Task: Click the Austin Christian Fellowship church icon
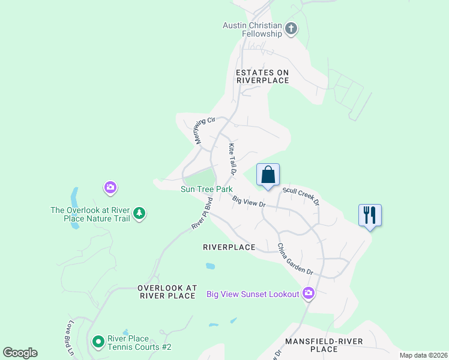291,29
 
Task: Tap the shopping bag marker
268,175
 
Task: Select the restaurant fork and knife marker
370,215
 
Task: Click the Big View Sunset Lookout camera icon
309,293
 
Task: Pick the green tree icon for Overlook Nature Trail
139,213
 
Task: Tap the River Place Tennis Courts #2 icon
98,342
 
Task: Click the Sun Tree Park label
206,189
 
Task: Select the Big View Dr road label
249,202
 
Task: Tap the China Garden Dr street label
295,259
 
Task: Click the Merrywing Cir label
205,130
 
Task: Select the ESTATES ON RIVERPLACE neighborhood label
262,76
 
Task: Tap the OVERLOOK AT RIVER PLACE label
167,292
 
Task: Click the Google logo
20,353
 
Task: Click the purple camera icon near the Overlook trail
110,188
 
